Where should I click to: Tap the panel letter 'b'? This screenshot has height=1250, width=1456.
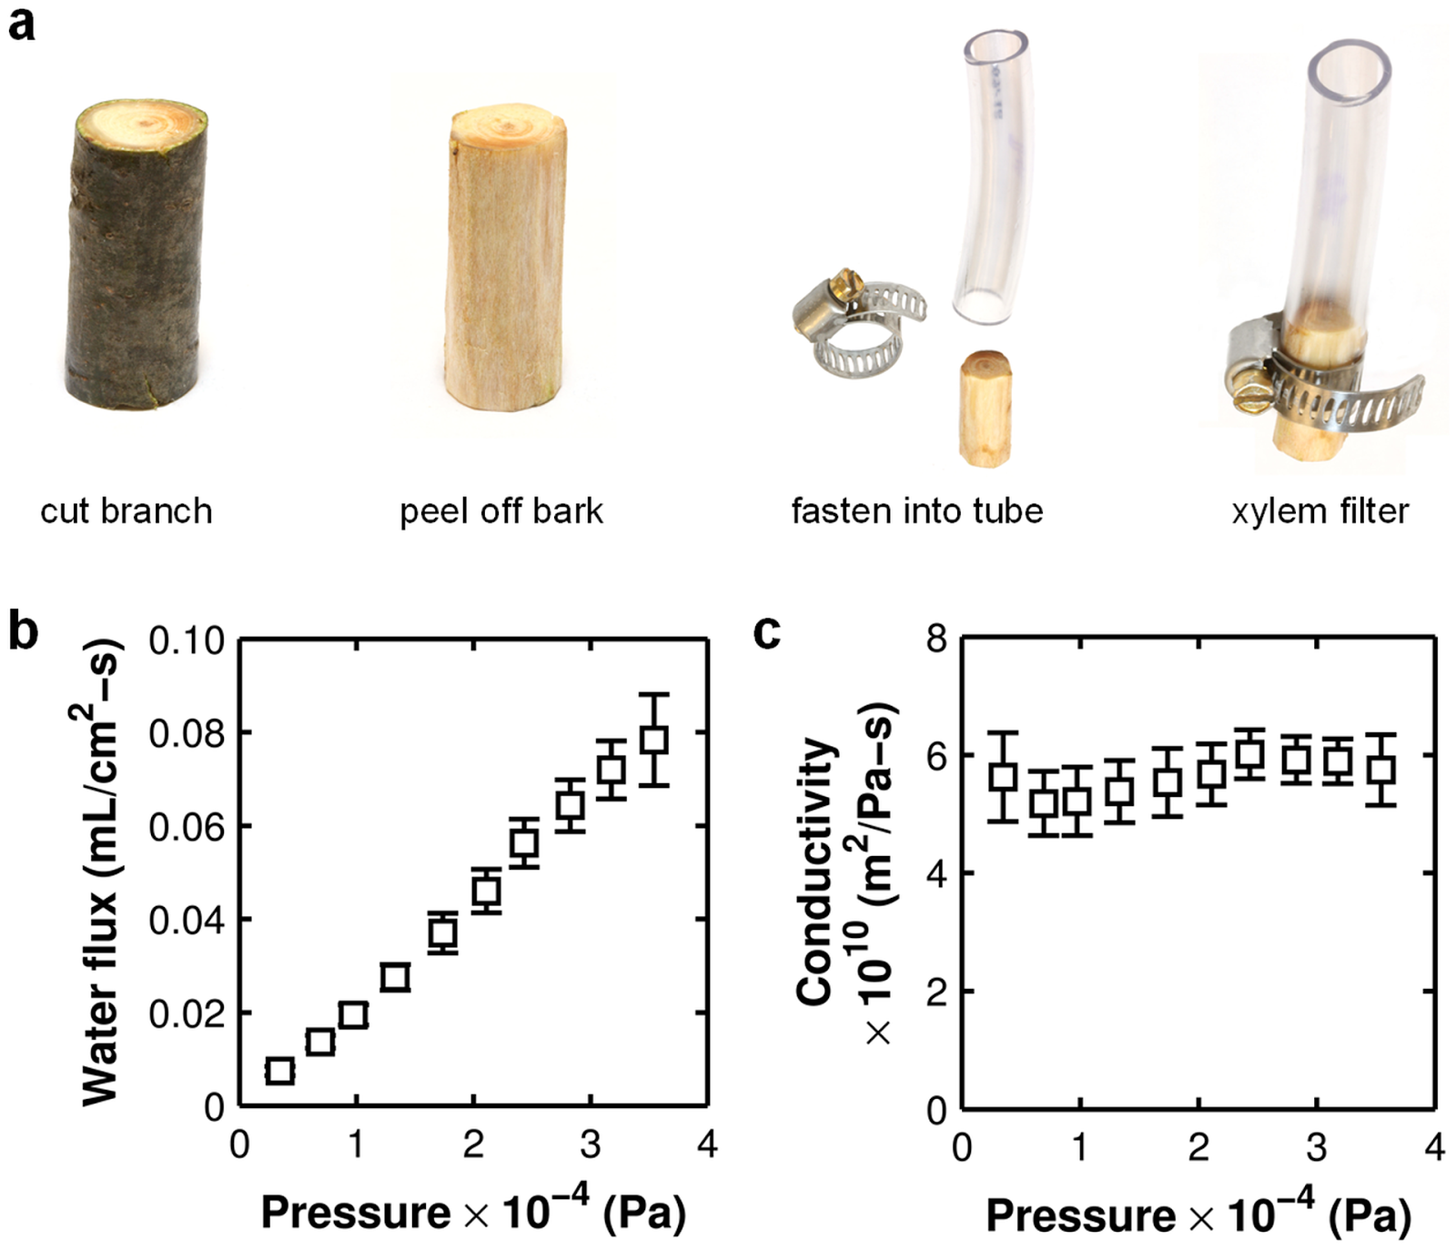click(x=23, y=630)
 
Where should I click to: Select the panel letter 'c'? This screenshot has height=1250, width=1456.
click(x=767, y=630)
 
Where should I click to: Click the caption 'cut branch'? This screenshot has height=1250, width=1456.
click(x=126, y=511)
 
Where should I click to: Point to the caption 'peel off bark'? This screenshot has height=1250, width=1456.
click(x=500, y=511)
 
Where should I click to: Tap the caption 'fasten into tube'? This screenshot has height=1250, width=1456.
click(x=916, y=511)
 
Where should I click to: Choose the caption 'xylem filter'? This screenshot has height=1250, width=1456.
click(x=1319, y=511)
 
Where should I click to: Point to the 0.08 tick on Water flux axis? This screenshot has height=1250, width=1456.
click(x=187, y=732)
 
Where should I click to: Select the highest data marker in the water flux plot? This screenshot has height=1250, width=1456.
click(x=653, y=740)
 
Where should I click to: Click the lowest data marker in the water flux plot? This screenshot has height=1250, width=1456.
click(x=279, y=1071)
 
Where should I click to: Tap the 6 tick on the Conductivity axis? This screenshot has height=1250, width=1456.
click(x=937, y=755)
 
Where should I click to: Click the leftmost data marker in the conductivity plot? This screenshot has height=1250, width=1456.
click(x=1003, y=776)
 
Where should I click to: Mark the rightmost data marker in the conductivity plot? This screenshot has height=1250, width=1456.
click(x=1381, y=769)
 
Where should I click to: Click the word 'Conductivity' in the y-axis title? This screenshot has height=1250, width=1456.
click(x=816, y=871)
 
